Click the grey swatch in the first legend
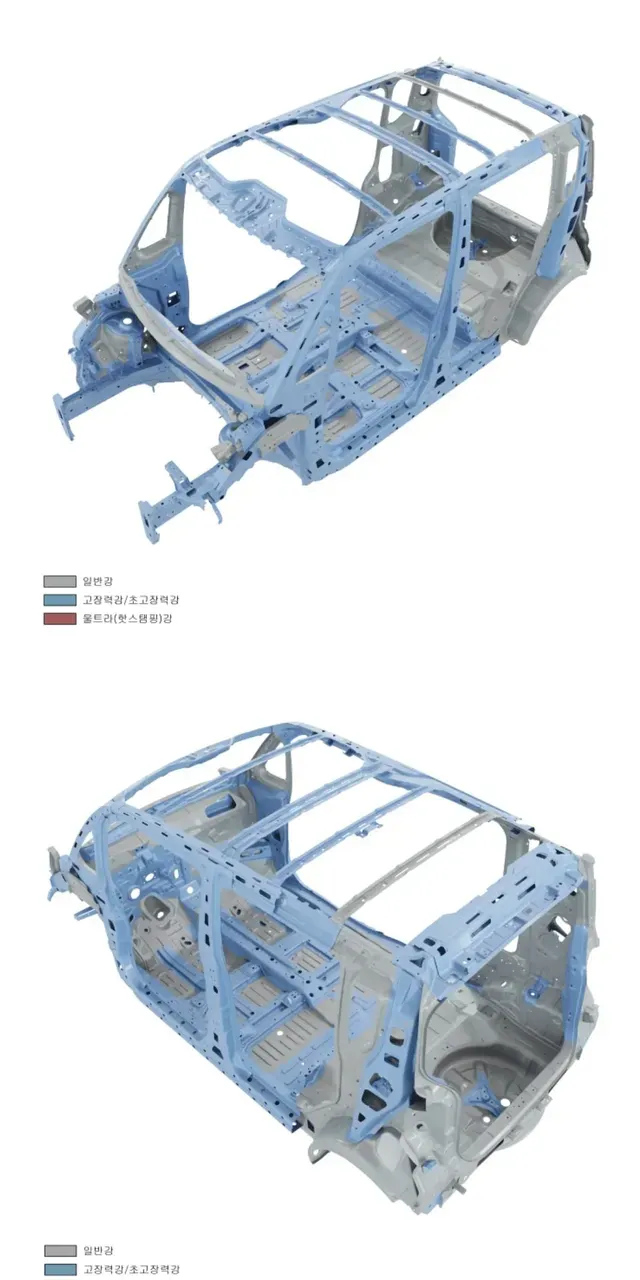[60, 582]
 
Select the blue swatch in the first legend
[60, 600]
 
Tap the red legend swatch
[60, 619]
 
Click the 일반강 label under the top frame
[98, 581]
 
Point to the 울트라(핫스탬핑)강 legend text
[127, 618]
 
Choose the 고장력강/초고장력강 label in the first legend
[131, 600]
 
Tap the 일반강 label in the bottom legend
[98, 1250]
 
